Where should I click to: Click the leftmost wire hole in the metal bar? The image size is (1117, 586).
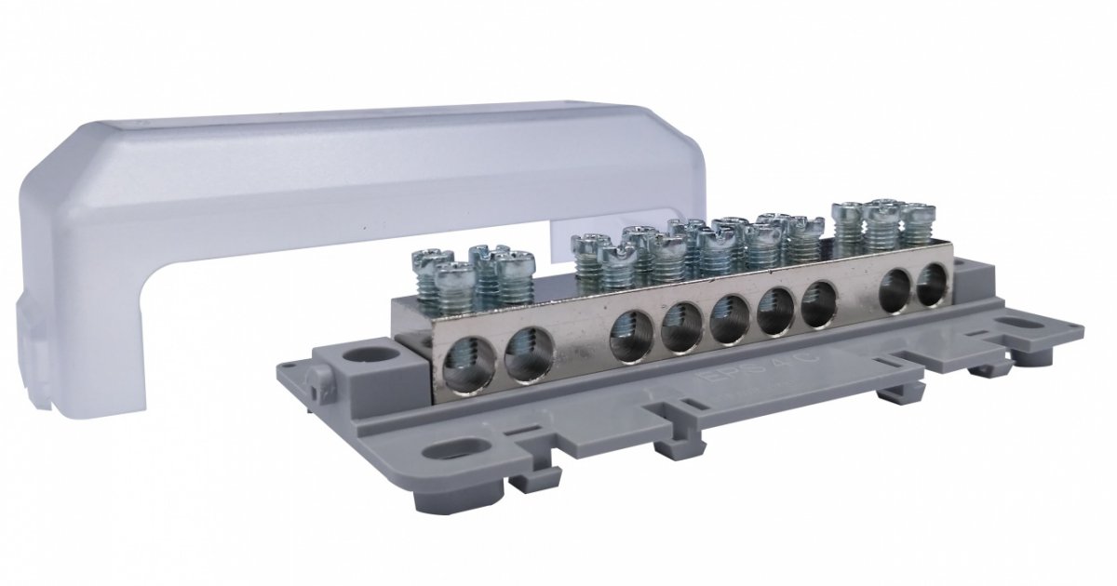[x=463, y=358]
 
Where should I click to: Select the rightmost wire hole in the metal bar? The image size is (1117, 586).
[x=930, y=283]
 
